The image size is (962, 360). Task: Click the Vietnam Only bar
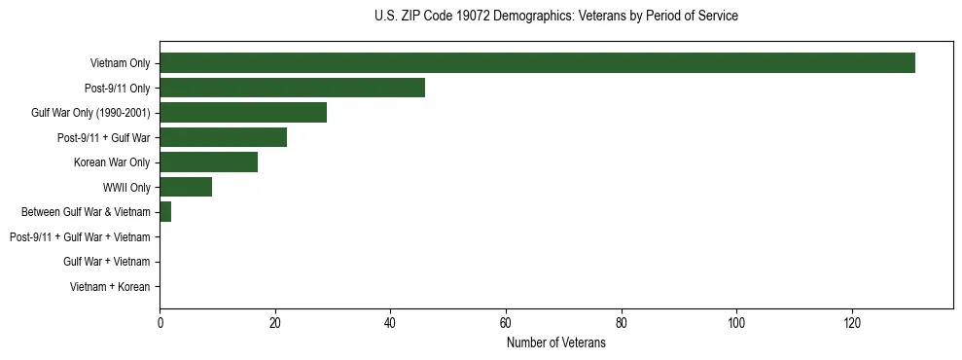point(537,63)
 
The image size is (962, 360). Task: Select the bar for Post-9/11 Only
point(292,89)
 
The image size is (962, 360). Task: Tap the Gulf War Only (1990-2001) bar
point(243,113)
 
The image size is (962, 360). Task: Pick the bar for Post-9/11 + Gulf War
point(223,138)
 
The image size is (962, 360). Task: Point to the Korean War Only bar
point(208,162)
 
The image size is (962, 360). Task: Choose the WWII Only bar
point(186,187)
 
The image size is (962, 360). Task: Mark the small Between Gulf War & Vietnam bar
point(165,212)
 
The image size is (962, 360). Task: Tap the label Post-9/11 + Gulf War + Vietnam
point(80,237)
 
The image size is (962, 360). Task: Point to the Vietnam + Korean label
point(110,287)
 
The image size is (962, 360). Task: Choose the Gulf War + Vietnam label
point(107,262)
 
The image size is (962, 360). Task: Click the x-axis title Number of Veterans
point(555,343)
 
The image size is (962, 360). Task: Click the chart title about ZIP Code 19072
point(555,17)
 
